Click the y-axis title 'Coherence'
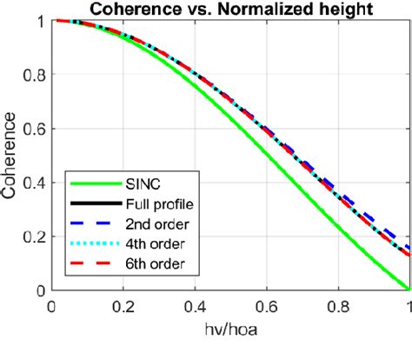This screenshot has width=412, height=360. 12,155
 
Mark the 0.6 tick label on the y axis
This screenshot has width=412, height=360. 34,129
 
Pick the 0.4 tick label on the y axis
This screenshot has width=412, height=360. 34,183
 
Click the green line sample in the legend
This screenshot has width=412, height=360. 93,185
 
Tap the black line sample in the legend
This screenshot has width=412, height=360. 93,205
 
